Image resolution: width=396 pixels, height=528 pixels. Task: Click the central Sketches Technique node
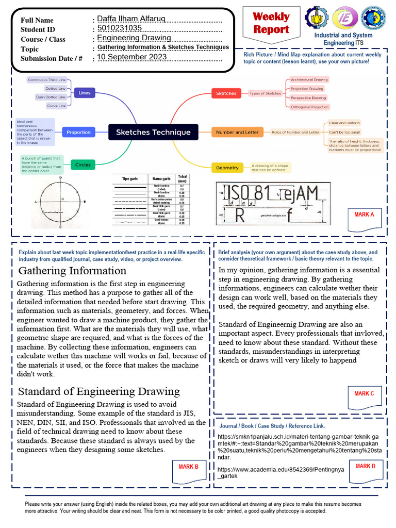(x=153, y=132)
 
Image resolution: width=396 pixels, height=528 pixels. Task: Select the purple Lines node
(x=84, y=93)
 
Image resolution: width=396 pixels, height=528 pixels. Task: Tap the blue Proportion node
(x=78, y=132)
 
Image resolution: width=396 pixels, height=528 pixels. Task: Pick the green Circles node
(x=82, y=165)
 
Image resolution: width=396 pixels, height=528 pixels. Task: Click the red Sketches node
(x=226, y=93)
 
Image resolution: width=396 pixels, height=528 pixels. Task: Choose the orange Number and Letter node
(x=237, y=132)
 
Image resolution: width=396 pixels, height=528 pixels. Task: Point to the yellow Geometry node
(x=227, y=168)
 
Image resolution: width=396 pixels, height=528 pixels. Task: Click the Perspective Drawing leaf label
(x=308, y=97)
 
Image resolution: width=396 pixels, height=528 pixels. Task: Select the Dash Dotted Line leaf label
(x=50, y=97)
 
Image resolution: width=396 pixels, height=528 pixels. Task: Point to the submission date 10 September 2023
(x=132, y=57)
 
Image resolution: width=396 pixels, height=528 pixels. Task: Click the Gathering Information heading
(x=64, y=271)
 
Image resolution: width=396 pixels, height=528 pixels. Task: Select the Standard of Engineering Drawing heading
(x=99, y=391)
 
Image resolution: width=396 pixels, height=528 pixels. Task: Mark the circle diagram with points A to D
(x=61, y=202)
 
